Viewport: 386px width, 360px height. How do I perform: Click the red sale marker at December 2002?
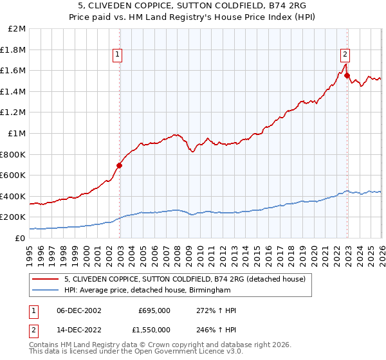pos(120,165)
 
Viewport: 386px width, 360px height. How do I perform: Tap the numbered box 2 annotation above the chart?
pos(345,54)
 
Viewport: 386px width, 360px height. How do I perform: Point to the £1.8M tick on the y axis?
pos(14,50)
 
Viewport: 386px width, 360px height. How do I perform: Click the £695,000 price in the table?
pos(154,310)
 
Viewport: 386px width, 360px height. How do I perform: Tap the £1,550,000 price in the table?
pos(150,329)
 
